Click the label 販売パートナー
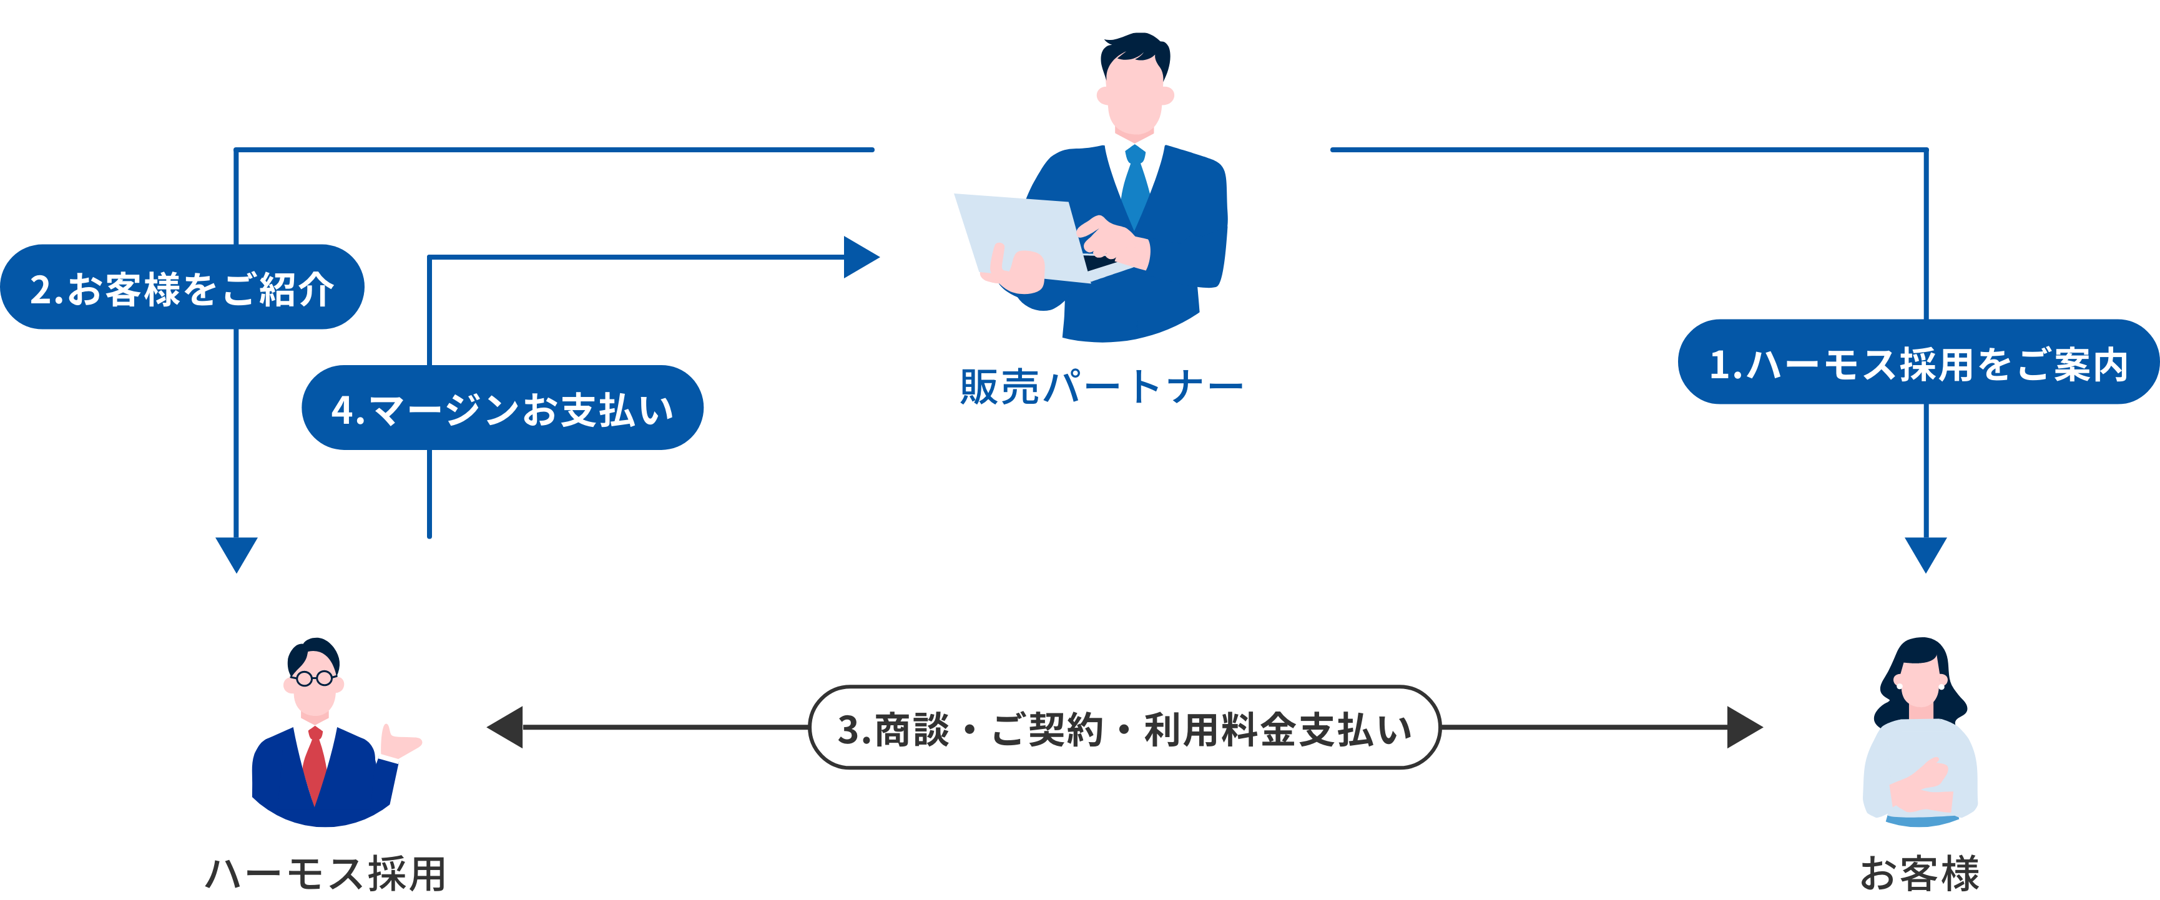pos(1101,387)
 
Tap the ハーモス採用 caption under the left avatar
pos(325,873)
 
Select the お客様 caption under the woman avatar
pos(1920,873)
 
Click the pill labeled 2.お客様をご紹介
pos(182,288)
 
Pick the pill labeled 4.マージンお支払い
pos(503,408)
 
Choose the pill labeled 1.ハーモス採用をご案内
pos(1918,363)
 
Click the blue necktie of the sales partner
pos(1136,184)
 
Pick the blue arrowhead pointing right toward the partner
pos(860,257)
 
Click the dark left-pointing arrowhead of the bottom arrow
pos(506,727)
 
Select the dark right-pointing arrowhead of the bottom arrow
pos(1745,727)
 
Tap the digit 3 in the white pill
pos(848,729)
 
